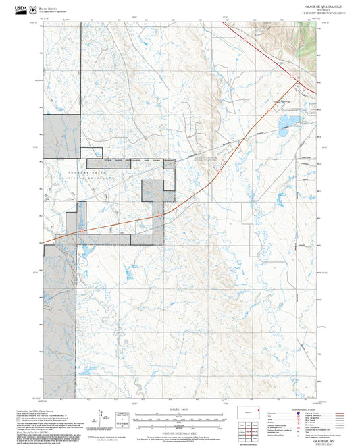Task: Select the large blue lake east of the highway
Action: point(288,122)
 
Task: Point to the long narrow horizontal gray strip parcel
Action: point(130,163)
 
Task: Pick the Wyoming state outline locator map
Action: point(256,410)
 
